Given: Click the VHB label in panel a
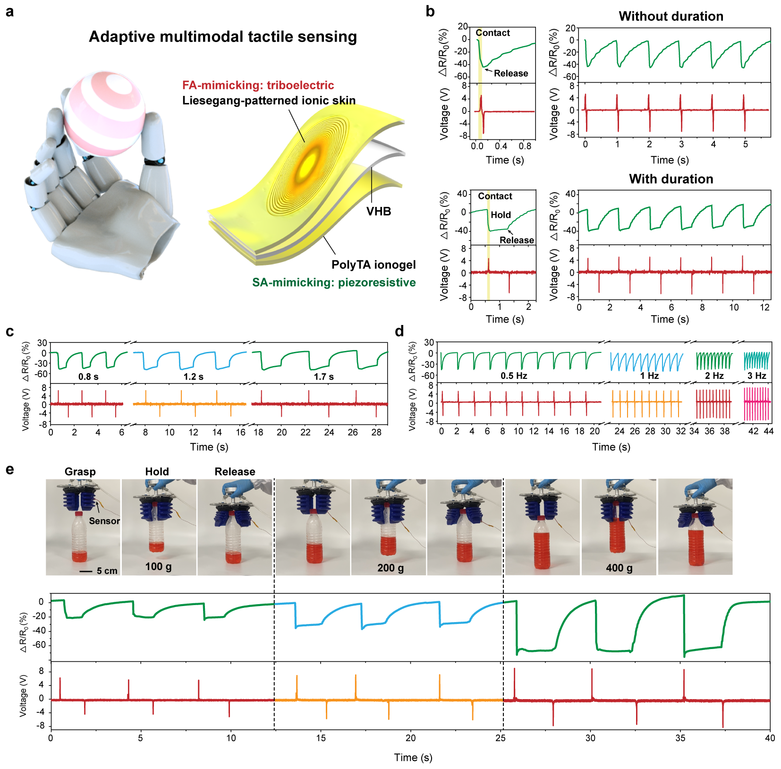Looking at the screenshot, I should tap(379, 212).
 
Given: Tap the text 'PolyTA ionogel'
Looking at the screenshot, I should tap(374, 265).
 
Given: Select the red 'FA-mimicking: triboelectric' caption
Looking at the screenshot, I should tap(258, 85).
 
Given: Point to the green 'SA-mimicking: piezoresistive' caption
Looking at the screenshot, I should tap(334, 282).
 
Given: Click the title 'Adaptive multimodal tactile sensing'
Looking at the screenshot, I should tap(223, 37).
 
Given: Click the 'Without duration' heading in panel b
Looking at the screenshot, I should tap(671, 17).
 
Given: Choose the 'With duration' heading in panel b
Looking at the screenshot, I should tap(671, 179).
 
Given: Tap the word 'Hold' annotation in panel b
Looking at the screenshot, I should tap(501, 215).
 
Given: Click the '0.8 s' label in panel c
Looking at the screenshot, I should tap(88, 377).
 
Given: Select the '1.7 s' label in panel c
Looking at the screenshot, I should tap(324, 377).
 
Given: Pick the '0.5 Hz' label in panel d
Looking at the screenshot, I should tap(514, 376).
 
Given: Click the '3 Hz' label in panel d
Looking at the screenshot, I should tap(756, 376).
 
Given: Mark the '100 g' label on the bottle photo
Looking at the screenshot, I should tap(158, 566).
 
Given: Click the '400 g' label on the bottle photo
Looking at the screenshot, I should tap(619, 568).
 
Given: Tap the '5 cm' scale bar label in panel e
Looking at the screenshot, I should tap(107, 571).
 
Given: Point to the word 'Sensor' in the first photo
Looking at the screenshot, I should tap(104, 521).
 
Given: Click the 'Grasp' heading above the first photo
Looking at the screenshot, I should tap(80, 471).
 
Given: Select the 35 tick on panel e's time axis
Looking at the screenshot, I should tap(680, 738).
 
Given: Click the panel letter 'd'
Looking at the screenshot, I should tap(399, 332).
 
